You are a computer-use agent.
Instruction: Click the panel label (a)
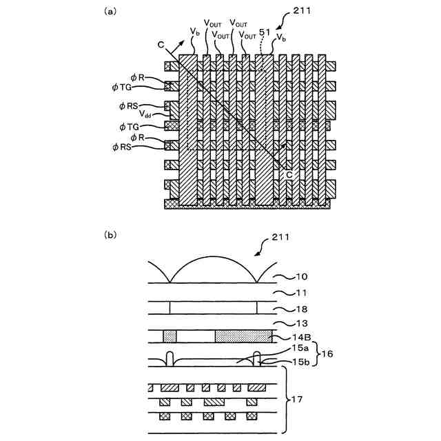tap(110, 12)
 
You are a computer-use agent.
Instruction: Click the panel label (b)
tap(110, 235)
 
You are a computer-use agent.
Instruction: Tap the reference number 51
tap(265, 32)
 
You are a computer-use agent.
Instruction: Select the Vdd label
tap(145, 114)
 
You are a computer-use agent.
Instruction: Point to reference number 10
tap(302, 277)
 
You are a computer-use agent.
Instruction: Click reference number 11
tap(302, 293)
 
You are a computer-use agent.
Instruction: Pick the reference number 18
tap(302, 309)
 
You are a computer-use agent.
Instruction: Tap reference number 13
tap(302, 323)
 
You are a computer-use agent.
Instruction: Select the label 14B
tap(301, 337)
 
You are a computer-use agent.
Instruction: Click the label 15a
tap(300, 348)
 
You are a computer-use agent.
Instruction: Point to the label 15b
tap(300, 362)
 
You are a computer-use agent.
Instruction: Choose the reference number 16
tap(327, 353)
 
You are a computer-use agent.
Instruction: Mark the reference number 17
tap(297, 400)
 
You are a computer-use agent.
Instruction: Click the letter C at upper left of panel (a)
tap(161, 45)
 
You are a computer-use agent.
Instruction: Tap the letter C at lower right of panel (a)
tap(289, 174)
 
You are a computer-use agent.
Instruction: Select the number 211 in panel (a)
tap(302, 11)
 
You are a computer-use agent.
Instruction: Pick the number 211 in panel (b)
tap(280, 237)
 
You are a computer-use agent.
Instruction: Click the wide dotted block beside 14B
tap(243, 336)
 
